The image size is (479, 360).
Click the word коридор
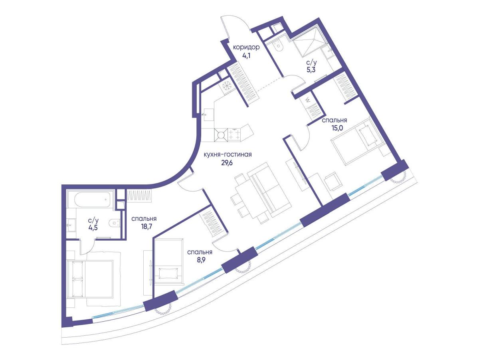coord(246,47)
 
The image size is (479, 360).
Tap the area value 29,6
coord(227,163)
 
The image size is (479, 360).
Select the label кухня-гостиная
coord(228,154)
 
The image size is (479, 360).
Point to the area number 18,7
coord(146,226)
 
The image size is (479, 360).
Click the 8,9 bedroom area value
coord(200,260)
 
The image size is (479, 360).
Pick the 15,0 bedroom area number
coord(337,128)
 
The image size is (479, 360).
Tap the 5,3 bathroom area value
coord(311,71)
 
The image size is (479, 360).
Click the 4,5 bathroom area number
coord(93,228)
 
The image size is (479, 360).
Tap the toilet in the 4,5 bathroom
coord(114,223)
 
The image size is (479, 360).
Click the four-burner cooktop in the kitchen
coord(234,134)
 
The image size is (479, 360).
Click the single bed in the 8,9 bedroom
coord(168,261)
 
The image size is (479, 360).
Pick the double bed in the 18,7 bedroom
coord(94,279)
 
